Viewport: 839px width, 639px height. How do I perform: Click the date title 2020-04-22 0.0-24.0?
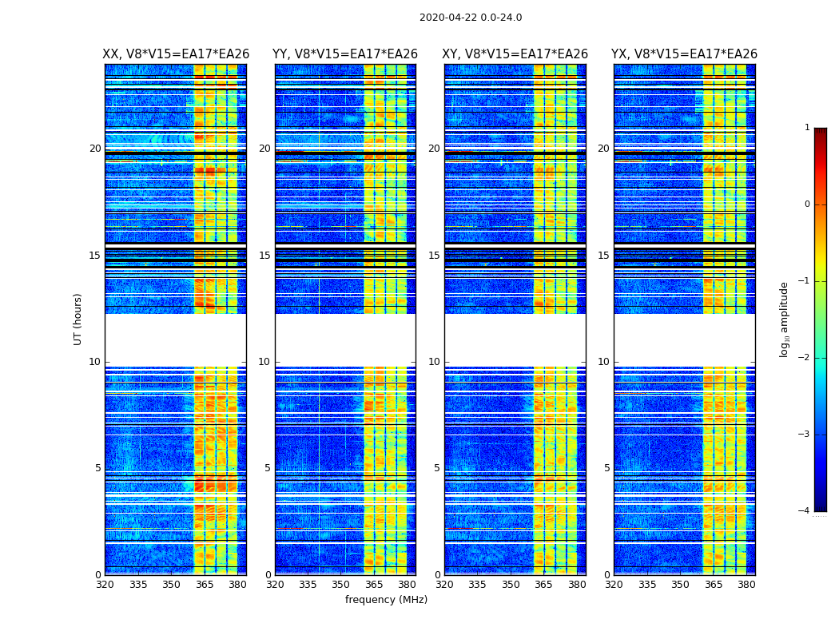point(471,18)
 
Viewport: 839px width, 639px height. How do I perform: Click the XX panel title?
point(176,54)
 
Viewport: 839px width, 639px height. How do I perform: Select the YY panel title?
point(345,54)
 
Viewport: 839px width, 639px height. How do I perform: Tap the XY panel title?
point(515,54)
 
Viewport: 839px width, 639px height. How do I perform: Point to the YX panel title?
point(684,54)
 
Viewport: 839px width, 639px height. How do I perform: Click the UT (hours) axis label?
point(78,319)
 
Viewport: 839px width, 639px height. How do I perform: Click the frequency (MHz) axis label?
point(386,600)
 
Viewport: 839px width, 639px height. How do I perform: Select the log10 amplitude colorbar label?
point(785,319)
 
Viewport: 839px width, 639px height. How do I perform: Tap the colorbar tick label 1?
point(807,128)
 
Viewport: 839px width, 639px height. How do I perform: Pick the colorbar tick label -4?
point(805,511)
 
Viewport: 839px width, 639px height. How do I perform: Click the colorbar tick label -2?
point(805,358)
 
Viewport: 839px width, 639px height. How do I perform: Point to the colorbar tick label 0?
point(807,204)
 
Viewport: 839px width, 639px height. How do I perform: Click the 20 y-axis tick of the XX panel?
point(95,149)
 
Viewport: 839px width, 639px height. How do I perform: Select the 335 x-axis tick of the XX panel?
point(138,584)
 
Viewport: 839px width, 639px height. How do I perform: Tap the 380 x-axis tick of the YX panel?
point(746,584)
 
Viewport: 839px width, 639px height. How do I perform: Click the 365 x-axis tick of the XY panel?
point(543,584)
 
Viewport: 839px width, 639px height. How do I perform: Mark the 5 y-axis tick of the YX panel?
point(607,468)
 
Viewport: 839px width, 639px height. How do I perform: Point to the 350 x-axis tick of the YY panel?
point(341,584)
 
